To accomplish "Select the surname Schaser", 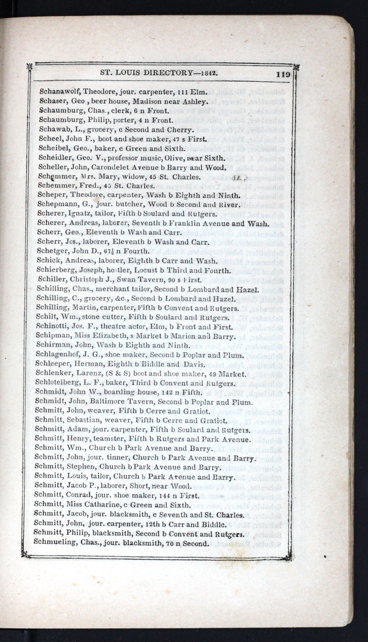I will pos(52,101).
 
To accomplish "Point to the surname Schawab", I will pos(53,129).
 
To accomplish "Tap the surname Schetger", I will pos(53,251).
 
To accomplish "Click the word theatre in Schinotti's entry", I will pos(116,326).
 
